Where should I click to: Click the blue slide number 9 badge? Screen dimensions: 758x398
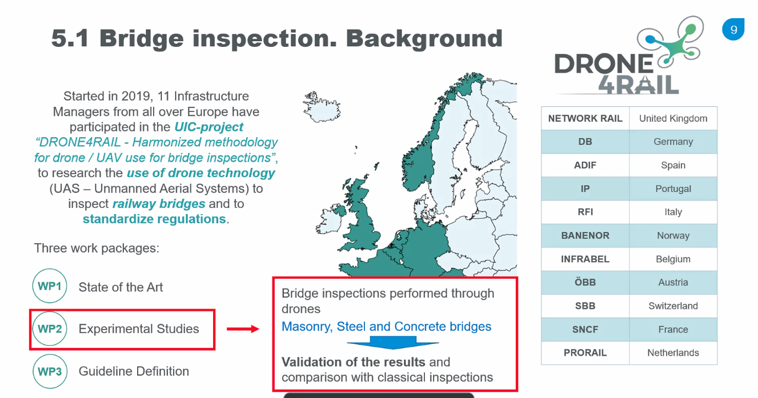[733, 30]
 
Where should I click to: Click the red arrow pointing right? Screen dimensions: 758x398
[243, 329]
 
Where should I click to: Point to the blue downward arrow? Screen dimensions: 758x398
[393, 343]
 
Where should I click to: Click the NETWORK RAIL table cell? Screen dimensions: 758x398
[585, 118]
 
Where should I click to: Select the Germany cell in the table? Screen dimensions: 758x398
[673, 142]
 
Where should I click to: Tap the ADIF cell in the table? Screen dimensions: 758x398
[585, 166]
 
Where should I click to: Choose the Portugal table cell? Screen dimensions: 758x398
[673, 188]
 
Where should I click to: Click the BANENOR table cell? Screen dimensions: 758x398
[585, 235]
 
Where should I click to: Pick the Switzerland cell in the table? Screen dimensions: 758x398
[673, 305]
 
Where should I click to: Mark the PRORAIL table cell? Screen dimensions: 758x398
[585, 353]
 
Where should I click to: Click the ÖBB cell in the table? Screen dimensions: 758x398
[585, 282]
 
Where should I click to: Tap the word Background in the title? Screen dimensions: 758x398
[424, 39]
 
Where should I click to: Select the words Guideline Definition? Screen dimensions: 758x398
[134, 371]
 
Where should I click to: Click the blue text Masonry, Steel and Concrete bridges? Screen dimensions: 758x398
[387, 327]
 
